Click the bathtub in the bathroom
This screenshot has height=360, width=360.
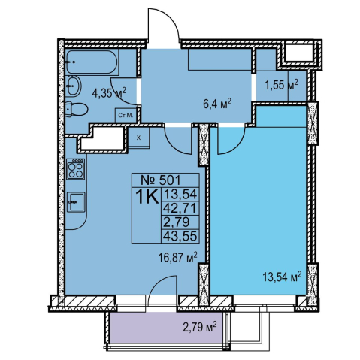pyautogui.click(x=92, y=62)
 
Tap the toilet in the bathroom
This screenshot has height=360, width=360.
pyautogui.click(x=77, y=110)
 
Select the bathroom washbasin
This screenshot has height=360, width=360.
pyautogui.click(x=74, y=86)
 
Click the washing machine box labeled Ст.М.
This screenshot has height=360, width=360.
pyautogui.click(x=126, y=115)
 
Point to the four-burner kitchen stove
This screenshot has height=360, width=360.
pyautogui.click(x=75, y=169)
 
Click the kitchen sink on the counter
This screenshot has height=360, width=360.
pyautogui.click(x=76, y=202)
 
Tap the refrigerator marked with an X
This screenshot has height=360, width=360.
pyautogui.click(x=139, y=138)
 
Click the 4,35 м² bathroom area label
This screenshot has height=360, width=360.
pyautogui.click(x=109, y=93)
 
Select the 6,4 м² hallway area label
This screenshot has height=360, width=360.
pyautogui.click(x=216, y=104)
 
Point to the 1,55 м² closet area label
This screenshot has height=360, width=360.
pyautogui.click(x=282, y=85)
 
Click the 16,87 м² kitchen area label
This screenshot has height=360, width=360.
pyautogui.click(x=178, y=257)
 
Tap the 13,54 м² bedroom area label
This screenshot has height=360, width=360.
pyautogui.click(x=282, y=277)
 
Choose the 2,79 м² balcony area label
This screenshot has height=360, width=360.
pyautogui.click(x=200, y=327)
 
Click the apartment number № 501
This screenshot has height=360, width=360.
pyautogui.click(x=161, y=180)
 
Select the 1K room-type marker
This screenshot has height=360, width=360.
pyautogui.click(x=147, y=197)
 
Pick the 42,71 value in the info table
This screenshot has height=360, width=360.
pyautogui.click(x=180, y=208)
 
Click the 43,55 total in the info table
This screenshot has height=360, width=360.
pyautogui.click(x=180, y=236)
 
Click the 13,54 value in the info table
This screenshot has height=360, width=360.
pyautogui.click(x=180, y=194)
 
